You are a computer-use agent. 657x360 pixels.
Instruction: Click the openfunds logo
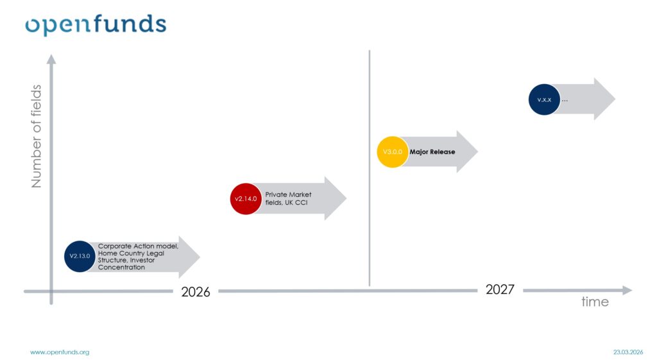(x=96, y=25)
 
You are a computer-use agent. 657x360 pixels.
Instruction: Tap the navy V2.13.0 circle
(x=80, y=256)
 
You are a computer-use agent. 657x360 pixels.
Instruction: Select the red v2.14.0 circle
(x=246, y=199)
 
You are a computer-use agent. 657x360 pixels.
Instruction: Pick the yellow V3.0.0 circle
(x=393, y=151)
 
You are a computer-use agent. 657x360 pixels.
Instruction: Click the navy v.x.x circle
(x=544, y=99)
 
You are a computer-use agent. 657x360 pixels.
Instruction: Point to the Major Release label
(x=432, y=151)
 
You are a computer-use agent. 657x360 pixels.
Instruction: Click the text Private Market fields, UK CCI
(x=288, y=198)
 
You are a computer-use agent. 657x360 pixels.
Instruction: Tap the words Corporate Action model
(x=139, y=246)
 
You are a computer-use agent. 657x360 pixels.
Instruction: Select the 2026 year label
(x=196, y=292)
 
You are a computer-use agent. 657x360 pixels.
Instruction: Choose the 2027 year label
(x=500, y=289)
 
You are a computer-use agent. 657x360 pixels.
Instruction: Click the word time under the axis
(x=595, y=302)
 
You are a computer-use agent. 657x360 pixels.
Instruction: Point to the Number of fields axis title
(x=37, y=136)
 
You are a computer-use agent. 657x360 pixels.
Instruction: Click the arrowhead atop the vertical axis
(x=51, y=59)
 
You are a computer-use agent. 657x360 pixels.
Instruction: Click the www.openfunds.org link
(x=60, y=352)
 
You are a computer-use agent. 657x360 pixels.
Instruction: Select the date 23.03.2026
(x=628, y=352)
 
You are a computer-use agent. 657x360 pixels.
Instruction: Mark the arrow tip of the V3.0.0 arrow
(x=477, y=151)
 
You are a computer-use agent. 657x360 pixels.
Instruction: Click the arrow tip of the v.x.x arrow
(x=615, y=99)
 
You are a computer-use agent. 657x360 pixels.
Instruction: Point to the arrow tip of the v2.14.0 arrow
(x=346, y=198)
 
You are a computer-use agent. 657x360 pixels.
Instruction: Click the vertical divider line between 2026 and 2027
(x=369, y=168)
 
